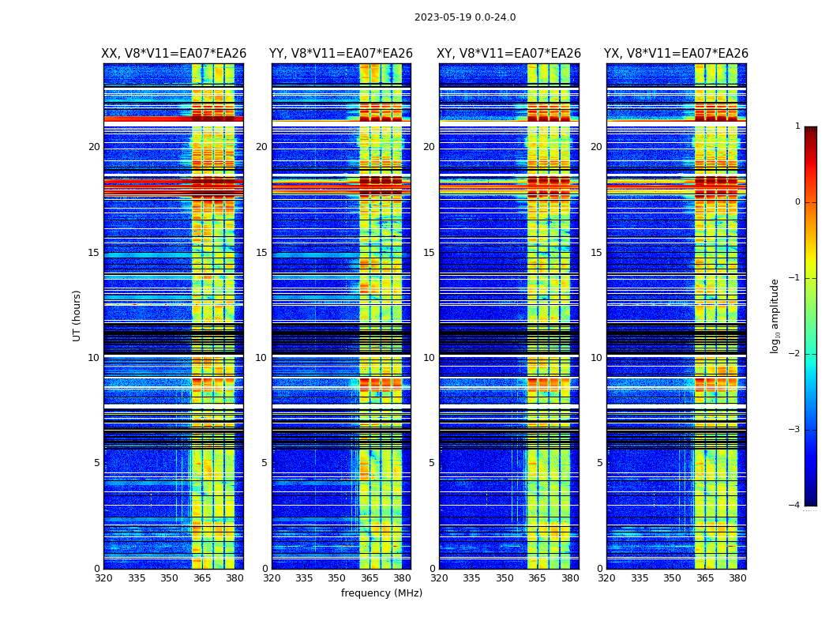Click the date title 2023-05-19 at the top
click(465, 17)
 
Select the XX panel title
click(174, 54)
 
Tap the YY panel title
click(341, 54)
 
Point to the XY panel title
click(509, 54)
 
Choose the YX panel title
click(676, 54)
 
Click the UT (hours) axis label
click(77, 315)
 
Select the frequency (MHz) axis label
click(381, 593)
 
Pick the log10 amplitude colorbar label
click(775, 315)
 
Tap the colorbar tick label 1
click(797, 126)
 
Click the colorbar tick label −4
click(795, 506)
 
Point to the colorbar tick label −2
click(795, 354)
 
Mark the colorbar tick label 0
click(797, 202)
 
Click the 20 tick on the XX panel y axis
click(94, 147)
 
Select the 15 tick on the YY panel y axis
click(261, 253)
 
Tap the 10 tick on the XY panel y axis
click(429, 358)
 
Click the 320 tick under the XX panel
click(103, 578)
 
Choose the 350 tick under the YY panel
click(337, 578)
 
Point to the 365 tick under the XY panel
click(537, 578)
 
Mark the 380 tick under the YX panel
click(737, 578)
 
